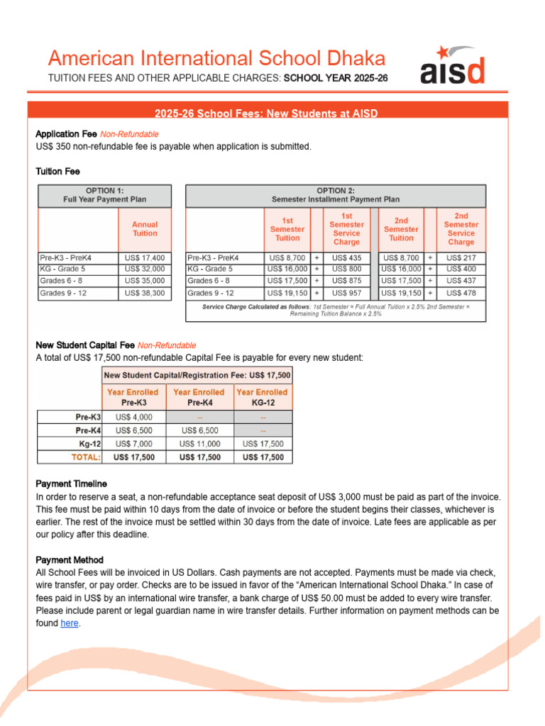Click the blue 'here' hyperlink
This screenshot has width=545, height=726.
70,623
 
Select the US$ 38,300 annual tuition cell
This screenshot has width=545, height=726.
145,293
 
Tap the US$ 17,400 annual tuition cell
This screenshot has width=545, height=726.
145,258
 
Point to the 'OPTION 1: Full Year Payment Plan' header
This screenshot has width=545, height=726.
104,195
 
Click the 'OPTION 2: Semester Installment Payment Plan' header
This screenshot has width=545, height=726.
336,195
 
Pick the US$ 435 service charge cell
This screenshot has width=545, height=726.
346,258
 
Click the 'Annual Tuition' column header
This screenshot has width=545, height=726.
145,228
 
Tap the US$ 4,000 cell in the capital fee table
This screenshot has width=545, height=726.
133,417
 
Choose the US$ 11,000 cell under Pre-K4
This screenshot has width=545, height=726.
199,444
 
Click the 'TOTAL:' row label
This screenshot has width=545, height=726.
86,457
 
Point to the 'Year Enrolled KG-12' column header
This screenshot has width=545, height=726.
262,396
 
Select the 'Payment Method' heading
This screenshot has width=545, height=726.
69,559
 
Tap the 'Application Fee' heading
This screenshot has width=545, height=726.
66,134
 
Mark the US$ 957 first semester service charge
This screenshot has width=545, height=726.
346,293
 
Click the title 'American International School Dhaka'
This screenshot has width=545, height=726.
216,58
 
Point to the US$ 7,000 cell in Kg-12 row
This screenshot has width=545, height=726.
133,444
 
